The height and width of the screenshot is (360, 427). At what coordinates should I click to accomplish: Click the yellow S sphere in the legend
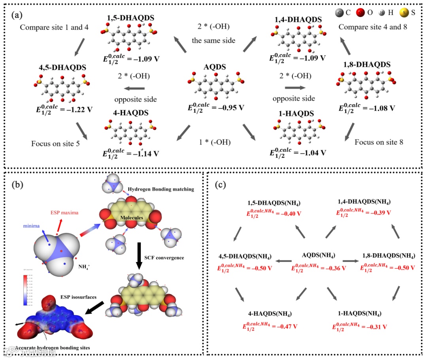(x=404, y=12)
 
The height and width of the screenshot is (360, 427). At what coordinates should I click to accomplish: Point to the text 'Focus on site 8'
(x=379, y=142)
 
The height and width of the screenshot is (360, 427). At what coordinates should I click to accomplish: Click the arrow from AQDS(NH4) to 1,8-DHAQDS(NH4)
(x=350, y=261)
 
